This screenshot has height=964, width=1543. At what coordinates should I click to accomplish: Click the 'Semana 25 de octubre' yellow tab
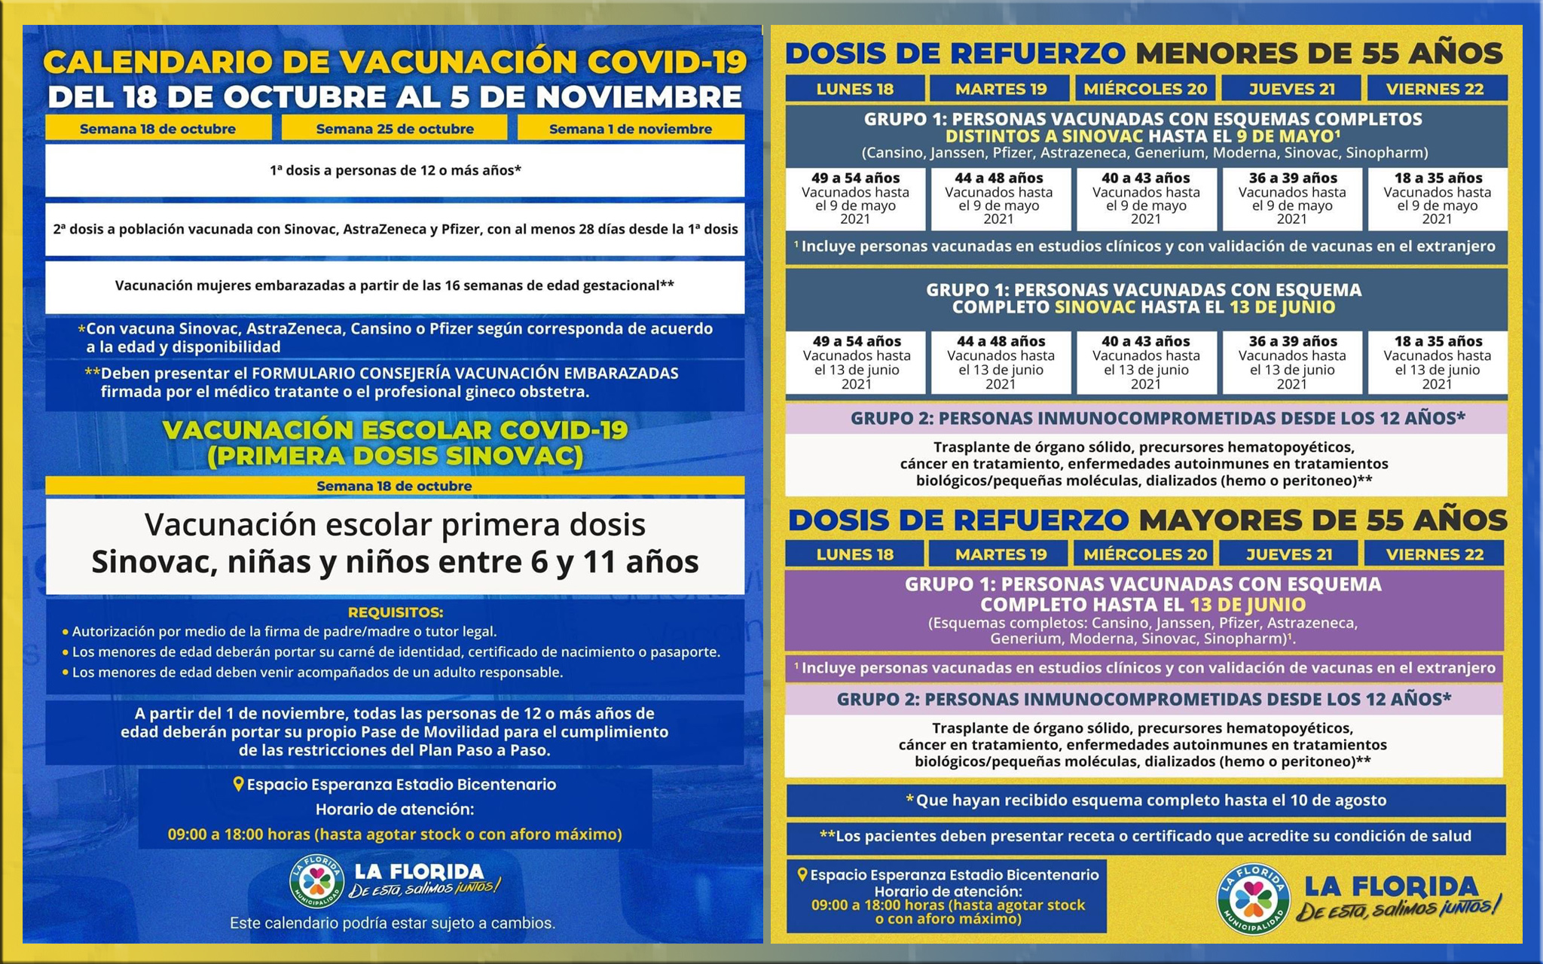coord(395,129)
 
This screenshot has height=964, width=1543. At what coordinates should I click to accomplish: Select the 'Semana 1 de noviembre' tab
coord(631,129)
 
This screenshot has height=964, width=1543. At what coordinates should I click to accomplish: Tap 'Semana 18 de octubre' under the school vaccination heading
coord(395,486)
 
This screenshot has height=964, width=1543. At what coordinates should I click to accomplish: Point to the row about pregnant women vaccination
coord(395,285)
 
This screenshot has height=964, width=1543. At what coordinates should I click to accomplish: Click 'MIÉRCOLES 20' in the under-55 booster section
coord(1145,89)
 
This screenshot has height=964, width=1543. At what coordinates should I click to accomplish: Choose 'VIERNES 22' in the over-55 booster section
coord(1435,554)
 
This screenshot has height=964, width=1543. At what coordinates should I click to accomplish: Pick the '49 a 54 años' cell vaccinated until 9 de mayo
coord(855,198)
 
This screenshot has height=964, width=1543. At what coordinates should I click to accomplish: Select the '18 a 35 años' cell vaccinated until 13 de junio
coord(1438,362)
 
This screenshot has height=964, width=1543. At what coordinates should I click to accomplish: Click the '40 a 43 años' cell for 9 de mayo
coord(1146,198)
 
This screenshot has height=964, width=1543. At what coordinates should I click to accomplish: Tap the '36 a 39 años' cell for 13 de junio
coord(1292,362)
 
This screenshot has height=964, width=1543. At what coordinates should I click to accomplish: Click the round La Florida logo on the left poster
coord(317,880)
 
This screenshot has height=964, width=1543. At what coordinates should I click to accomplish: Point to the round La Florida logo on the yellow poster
coord(1253,898)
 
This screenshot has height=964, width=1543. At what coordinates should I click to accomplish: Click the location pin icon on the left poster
coord(238,784)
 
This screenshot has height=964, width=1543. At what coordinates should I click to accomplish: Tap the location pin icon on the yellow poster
coord(802,874)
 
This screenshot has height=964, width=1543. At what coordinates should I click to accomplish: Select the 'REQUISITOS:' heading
coord(395,612)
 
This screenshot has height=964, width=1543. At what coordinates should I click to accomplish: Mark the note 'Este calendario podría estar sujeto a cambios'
coord(393,923)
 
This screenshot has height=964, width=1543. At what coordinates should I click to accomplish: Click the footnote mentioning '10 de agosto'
coord(1146,800)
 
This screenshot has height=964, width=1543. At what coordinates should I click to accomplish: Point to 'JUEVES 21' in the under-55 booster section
coord(1291,89)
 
